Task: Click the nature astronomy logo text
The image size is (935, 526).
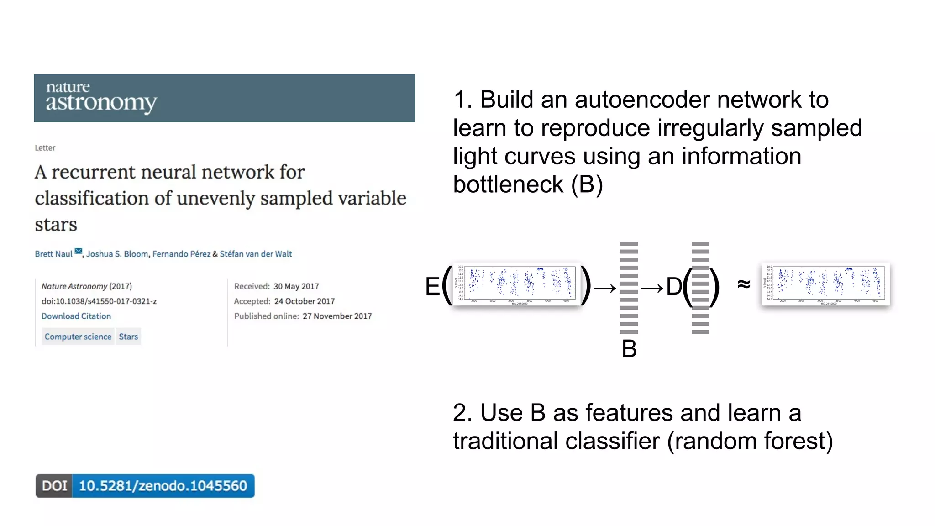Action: coord(101,97)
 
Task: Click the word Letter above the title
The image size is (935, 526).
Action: coord(45,148)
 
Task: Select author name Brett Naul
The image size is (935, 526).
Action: coord(53,254)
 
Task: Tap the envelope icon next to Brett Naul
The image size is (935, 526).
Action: coord(79,251)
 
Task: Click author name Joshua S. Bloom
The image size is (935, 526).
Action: coord(117,254)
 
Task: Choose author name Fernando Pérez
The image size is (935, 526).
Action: coord(181,254)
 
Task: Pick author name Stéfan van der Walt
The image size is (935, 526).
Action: coord(256,254)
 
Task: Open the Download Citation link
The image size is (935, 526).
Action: coord(76,316)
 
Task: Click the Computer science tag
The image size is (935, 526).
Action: coord(78,337)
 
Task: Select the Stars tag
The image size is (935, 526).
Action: coord(128,337)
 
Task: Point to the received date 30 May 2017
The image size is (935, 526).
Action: coord(296,286)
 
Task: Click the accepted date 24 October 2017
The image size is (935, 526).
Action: coord(304,301)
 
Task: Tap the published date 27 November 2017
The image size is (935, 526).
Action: coord(337,316)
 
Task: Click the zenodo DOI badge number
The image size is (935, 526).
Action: coord(163,486)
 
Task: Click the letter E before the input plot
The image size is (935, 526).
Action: coord(432,287)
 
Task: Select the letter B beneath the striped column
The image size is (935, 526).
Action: coord(629,349)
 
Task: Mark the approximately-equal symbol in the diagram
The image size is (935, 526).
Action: coord(744,284)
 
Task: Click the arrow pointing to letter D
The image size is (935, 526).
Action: coord(651,288)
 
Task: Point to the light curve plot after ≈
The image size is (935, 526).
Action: coord(825,284)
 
